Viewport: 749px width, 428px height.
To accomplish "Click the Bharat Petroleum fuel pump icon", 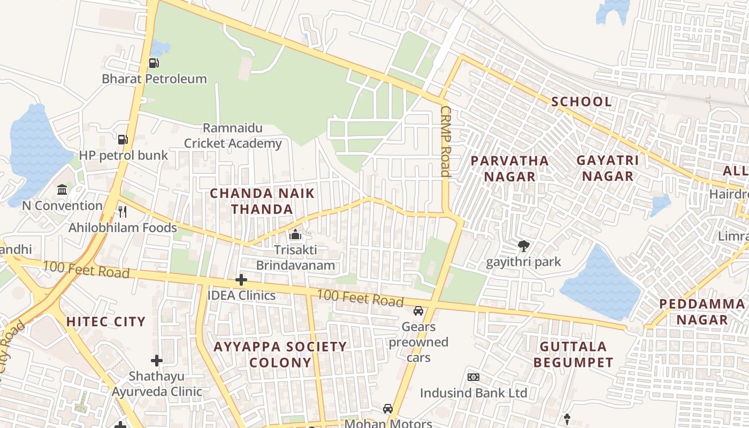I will coord(154,63).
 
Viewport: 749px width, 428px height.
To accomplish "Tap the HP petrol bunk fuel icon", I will coord(123,140).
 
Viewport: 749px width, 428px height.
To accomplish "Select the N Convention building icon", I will coord(62,189).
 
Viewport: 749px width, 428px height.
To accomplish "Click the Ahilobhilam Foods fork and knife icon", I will coord(123,212).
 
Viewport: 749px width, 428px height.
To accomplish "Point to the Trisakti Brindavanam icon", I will coord(295,234).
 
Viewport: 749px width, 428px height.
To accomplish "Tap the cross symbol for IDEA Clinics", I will coord(241,280).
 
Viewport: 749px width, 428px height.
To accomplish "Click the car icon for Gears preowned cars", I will coord(418,311).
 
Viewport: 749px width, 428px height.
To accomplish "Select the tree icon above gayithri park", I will coord(524,246).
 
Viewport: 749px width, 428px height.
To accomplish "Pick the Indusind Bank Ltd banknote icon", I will coord(473,377).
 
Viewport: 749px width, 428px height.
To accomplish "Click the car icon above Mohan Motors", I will coord(388,409).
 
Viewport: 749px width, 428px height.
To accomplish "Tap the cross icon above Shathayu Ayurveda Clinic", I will coord(157,361).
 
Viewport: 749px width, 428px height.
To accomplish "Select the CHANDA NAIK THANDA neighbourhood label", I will coord(262,201).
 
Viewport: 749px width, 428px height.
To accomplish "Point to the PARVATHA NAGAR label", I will coord(509,169).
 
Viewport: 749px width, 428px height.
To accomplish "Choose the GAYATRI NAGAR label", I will coord(608,168).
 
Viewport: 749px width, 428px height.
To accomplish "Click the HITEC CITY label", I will coord(106,322).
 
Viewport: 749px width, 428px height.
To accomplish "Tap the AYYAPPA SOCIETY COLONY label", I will coord(280,354).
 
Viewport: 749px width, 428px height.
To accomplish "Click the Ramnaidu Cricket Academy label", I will coord(233,136).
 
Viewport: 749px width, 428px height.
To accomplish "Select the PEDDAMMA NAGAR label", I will coord(702,312).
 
